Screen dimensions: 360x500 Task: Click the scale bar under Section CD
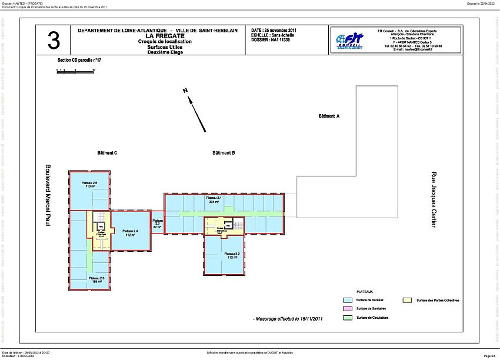[x=75, y=71]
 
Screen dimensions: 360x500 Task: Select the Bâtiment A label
[x=329, y=116]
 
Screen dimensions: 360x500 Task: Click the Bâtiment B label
[x=224, y=153]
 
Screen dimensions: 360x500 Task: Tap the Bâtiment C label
[x=107, y=153]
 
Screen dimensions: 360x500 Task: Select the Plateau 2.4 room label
[x=131, y=232]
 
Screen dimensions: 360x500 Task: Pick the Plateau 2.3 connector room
[x=157, y=224]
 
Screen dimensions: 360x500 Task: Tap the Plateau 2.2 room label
[x=231, y=255]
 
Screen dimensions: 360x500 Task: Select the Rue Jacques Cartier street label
[x=434, y=200]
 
